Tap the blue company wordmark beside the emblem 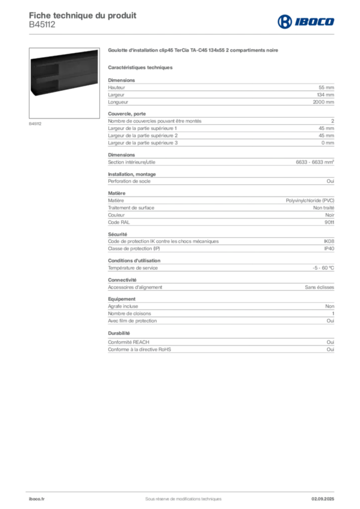pos(315,21)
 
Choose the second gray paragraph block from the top pos(220,130)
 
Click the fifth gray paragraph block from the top pos(220,209)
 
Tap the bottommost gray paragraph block pos(220,342)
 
